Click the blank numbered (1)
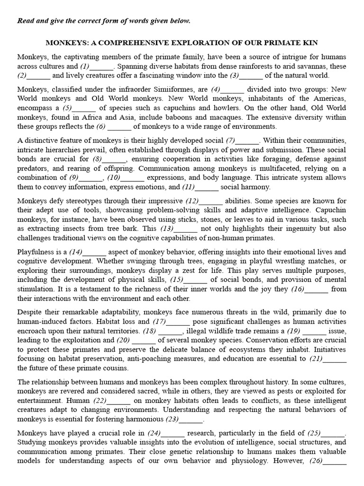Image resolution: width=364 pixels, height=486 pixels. (101, 66)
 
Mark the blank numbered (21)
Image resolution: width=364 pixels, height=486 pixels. (335, 359)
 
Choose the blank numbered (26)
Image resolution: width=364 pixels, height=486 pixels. (337, 461)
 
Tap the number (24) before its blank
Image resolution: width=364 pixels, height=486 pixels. (154, 433)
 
